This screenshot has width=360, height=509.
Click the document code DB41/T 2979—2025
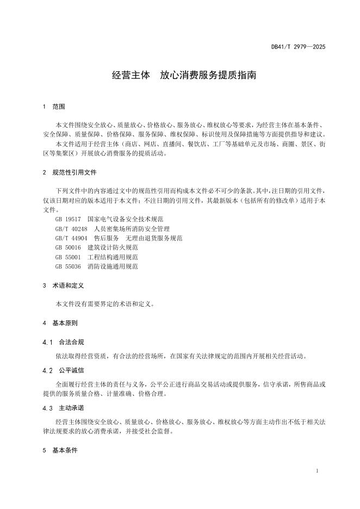coord(298,47)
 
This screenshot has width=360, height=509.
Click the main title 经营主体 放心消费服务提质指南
coord(184,76)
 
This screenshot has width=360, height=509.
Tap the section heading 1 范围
coord(54,107)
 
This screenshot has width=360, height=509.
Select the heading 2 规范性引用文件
coord(70,172)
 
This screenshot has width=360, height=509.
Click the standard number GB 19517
coord(67,219)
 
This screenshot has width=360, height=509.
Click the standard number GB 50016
coord(67,247)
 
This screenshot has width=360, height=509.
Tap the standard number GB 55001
coord(67,257)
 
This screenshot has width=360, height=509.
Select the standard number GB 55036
coord(67,267)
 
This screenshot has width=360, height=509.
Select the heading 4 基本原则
coord(60,323)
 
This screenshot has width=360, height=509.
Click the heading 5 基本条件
coord(60,451)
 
